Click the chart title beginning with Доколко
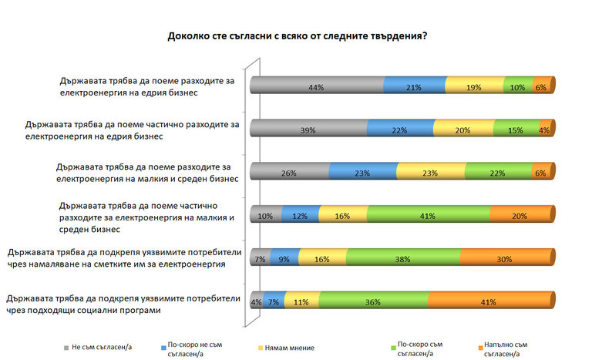click(x=297, y=35)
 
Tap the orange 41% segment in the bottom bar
click(x=489, y=302)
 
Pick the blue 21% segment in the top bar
click(x=414, y=88)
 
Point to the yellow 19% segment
click(x=474, y=88)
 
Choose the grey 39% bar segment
click(x=308, y=130)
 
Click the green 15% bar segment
click(x=516, y=130)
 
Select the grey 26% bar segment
click(x=289, y=173)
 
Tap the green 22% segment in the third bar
click(x=499, y=173)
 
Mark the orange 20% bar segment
click(x=520, y=217)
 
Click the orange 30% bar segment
click(x=506, y=260)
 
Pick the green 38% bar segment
click(x=402, y=260)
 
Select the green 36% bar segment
click(x=373, y=302)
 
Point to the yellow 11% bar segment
click(x=301, y=302)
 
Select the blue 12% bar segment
click(x=299, y=217)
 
